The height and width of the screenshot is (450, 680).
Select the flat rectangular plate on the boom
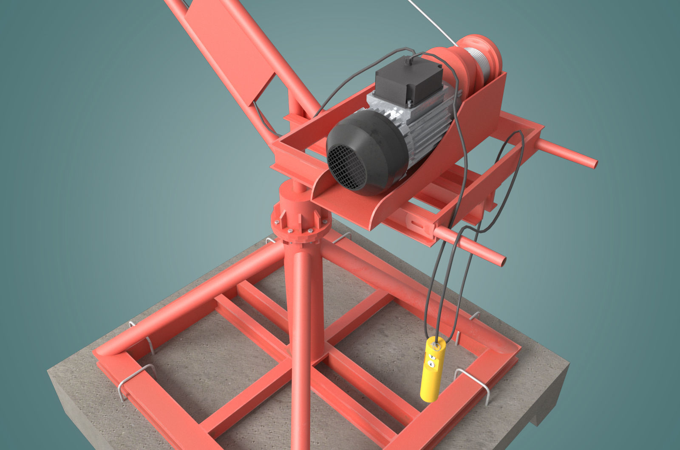[229, 47]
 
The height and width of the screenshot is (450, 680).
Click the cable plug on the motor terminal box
[409, 61]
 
